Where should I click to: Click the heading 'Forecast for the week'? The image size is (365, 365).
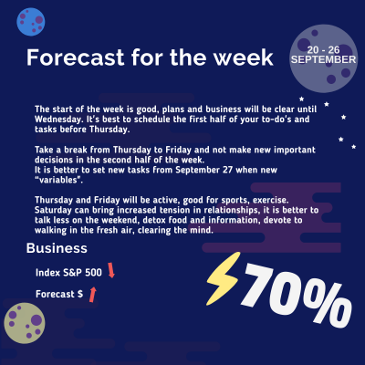(149, 58)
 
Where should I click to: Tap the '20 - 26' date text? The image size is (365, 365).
(326, 47)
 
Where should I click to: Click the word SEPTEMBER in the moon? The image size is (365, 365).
(323, 58)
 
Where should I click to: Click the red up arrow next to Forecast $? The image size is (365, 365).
(92, 293)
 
